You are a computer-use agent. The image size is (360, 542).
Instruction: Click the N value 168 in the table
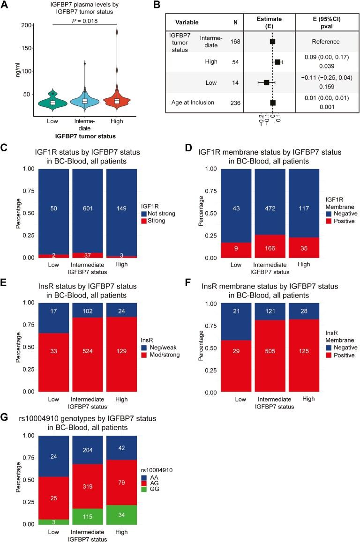pyautogui.click(x=235, y=42)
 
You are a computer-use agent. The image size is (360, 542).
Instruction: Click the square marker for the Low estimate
pyautogui.click(x=266, y=82)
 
